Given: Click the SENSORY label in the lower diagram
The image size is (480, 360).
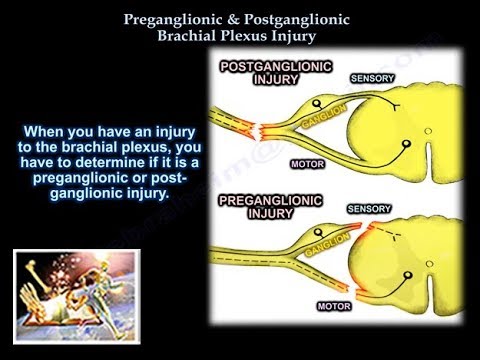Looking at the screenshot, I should point(369,210).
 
